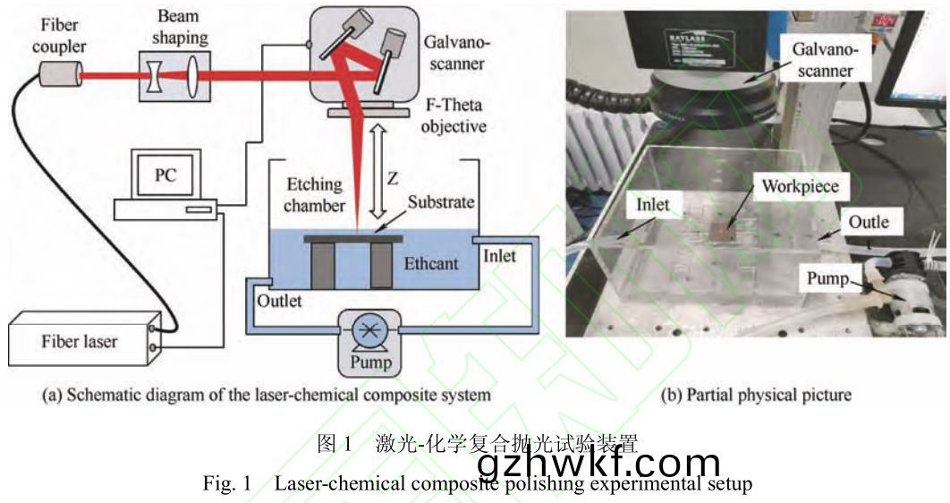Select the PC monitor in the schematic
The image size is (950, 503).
click(x=164, y=177)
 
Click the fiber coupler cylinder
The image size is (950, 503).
click(x=58, y=75)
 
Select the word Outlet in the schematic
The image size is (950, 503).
click(x=280, y=301)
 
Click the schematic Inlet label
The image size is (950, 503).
click(x=499, y=256)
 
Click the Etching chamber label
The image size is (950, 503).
click(x=314, y=195)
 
